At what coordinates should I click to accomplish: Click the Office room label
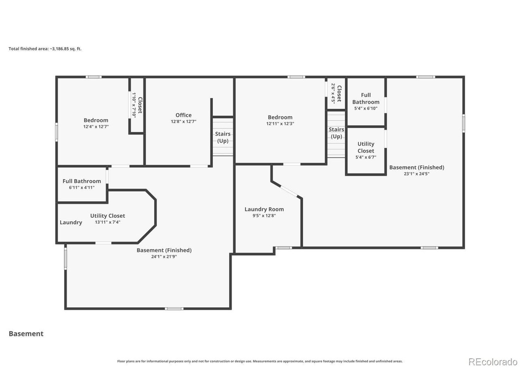tap(183, 115)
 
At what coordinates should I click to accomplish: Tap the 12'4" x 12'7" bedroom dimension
tap(96, 126)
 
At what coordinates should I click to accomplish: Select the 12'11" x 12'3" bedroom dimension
tap(280, 123)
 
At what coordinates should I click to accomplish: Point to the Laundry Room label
tap(264, 209)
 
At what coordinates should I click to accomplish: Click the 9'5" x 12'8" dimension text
tap(264, 215)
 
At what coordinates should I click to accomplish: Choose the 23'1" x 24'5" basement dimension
tap(417, 173)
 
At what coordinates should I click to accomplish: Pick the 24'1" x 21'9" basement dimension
tap(164, 256)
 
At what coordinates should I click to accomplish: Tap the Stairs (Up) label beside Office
tap(223, 137)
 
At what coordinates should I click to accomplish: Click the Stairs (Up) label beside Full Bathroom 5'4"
tap(336, 133)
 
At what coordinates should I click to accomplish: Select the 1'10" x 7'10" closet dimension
tap(134, 105)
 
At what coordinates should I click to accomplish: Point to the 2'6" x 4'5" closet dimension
tap(333, 94)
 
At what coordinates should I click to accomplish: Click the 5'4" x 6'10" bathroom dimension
tap(366, 108)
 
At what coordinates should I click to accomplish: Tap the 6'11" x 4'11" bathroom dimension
tap(82, 188)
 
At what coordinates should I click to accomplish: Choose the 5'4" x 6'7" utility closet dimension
tap(366, 157)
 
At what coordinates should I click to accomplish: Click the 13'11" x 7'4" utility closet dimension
tap(108, 222)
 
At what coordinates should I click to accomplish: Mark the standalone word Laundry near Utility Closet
tap(71, 222)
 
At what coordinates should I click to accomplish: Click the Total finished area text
tap(45, 49)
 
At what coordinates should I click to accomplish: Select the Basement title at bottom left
tap(26, 334)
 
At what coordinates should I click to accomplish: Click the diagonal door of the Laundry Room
tap(288, 191)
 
